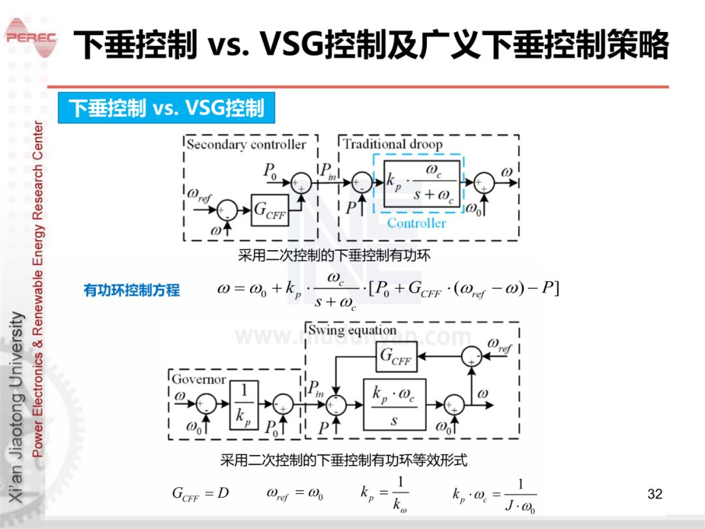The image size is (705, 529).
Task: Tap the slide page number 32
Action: (x=655, y=494)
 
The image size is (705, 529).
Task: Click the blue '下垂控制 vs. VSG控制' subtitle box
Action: (x=166, y=108)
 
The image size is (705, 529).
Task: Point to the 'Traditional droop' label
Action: (x=392, y=144)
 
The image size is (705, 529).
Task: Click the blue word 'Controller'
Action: (x=416, y=223)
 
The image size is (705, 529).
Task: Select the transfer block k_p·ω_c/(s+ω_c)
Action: (x=421, y=184)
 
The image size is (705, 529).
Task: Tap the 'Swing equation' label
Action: (x=352, y=330)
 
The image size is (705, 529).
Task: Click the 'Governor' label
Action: (x=198, y=379)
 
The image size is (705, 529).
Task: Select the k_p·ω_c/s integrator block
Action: (x=394, y=404)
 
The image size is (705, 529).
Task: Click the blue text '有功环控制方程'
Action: (x=132, y=290)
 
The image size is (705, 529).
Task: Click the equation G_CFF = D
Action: (x=200, y=494)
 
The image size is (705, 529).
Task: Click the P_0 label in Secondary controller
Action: (x=270, y=171)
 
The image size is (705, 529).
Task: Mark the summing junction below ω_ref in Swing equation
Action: (x=471, y=357)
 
